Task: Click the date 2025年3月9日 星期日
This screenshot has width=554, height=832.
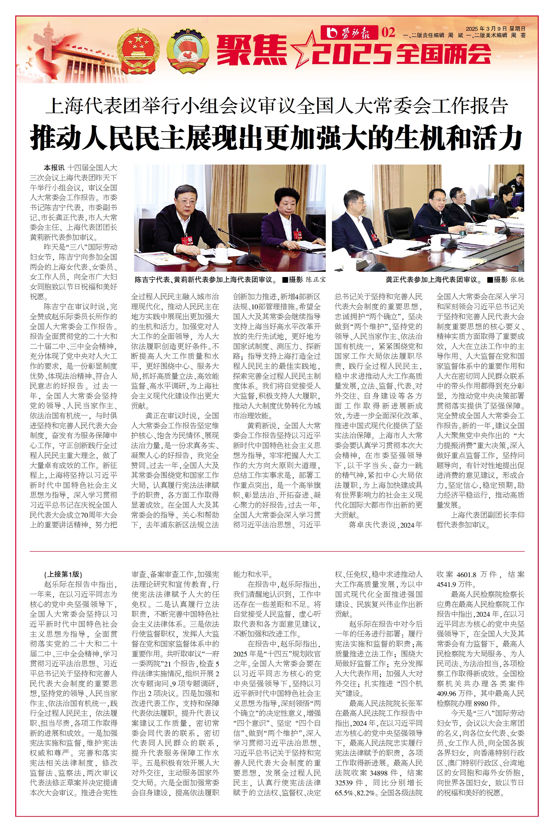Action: pos(495,29)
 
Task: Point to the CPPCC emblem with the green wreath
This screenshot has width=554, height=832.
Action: pos(187,50)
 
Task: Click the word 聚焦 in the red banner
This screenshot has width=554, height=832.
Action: pos(252,50)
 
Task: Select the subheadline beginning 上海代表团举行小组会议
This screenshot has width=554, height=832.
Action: pos(276,106)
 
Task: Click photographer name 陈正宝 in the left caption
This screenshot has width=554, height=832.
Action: pos(315,280)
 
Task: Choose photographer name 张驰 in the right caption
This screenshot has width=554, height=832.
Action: pos(517,280)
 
